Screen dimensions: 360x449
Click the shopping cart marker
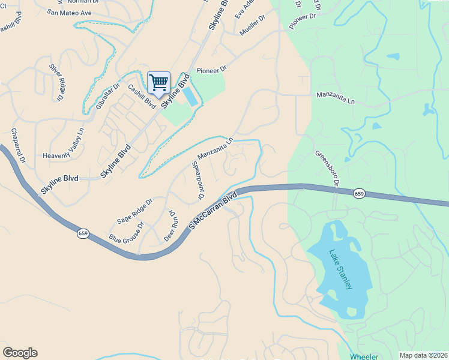coord(158,82)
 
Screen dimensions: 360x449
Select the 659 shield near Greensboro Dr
coord(359,193)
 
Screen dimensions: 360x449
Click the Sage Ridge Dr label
coord(134,211)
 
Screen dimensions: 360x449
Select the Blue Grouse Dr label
coord(127,232)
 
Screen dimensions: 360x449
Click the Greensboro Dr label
coord(328,168)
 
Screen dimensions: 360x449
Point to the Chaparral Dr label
coord(17,145)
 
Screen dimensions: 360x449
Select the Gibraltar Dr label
coord(108,97)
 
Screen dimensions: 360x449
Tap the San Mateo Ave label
coord(69,12)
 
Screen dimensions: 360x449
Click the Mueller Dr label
coord(252,26)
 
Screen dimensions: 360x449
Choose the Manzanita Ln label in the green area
coord(336,98)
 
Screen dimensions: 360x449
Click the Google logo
coord(20,353)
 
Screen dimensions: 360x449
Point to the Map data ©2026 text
coord(423,355)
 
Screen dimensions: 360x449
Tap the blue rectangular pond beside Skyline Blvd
coord(189,97)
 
